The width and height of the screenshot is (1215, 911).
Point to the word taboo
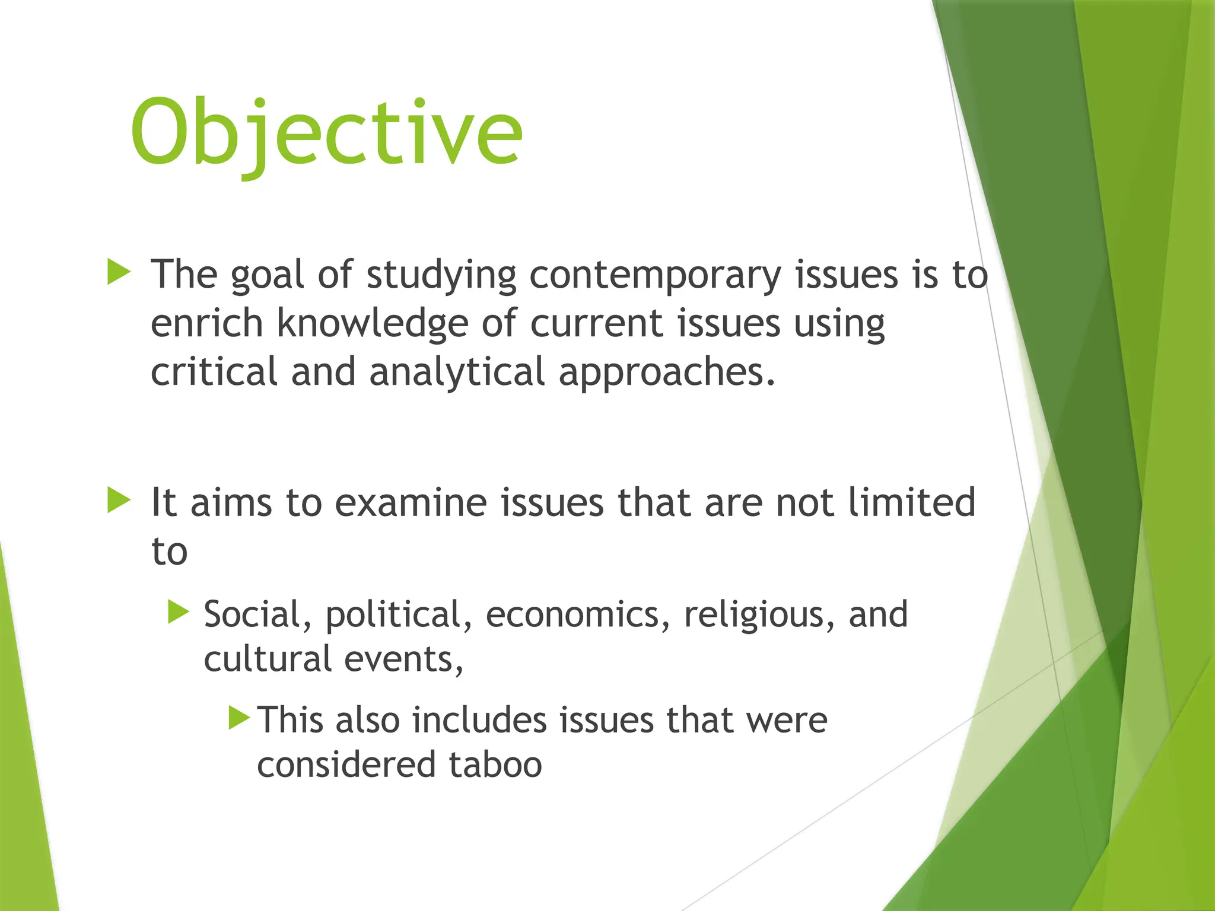coord(495,765)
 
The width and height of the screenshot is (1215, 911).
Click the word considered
coord(346,765)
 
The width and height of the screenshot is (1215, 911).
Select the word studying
coord(441,276)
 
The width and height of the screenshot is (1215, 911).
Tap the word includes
coord(479,720)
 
